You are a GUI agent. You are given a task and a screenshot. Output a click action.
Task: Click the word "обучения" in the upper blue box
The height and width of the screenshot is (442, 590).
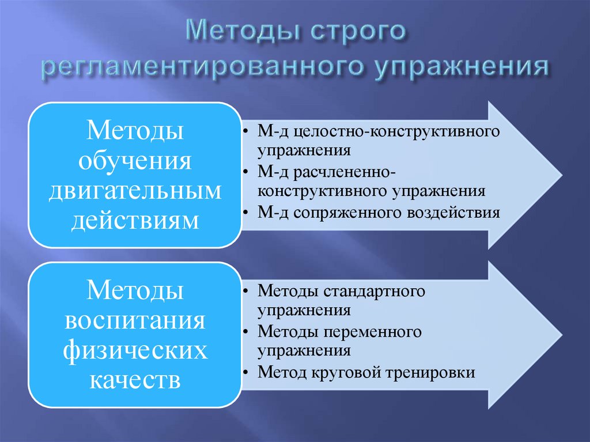click(135, 159)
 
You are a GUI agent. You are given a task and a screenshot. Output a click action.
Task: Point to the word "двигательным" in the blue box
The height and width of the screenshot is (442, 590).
click(135, 190)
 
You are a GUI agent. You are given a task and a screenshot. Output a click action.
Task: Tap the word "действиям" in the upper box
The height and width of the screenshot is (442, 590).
click(135, 220)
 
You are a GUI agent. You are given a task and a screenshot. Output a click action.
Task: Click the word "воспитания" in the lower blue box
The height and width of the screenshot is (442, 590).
click(135, 320)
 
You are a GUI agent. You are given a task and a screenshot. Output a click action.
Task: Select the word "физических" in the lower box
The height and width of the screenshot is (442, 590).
click(135, 350)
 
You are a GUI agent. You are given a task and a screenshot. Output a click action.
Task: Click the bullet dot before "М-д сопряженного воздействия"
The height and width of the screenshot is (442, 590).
click(246, 213)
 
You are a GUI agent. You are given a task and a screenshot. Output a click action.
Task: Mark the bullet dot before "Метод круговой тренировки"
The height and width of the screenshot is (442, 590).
click(246, 373)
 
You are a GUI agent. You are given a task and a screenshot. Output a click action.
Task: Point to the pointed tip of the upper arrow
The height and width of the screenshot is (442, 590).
click(559, 175)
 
